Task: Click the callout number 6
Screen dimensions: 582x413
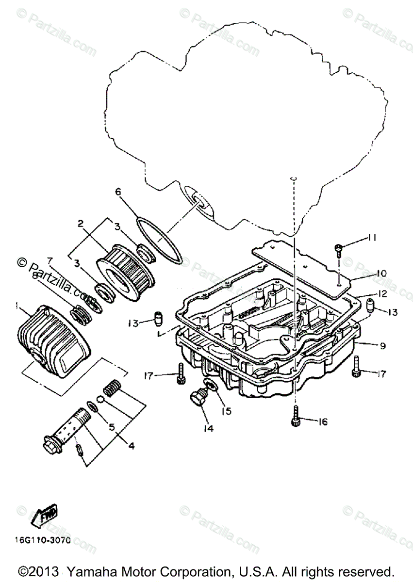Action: (x=117, y=192)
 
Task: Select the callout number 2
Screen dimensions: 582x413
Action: (x=81, y=224)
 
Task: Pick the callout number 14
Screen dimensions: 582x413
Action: (x=209, y=429)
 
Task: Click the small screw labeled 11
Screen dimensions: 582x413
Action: (x=338, y=249)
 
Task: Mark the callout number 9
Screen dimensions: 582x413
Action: (x=383, y=346)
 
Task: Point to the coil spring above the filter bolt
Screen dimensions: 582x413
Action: (x=113, y=388)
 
